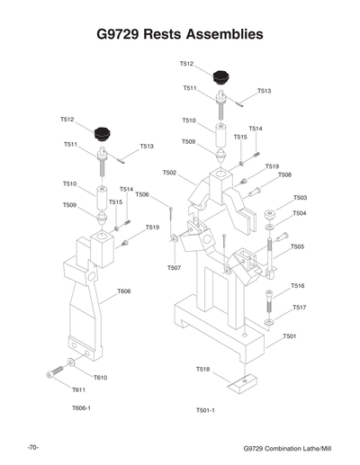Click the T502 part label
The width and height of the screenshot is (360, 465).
pos(169,173)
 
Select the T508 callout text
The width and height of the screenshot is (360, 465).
pos(284,174)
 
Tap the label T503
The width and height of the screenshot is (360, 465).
pos(300,198)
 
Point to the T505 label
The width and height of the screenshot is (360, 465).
pos(297,246)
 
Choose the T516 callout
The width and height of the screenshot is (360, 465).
pos(298,286)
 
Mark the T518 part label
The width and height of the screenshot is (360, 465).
pos(203,370)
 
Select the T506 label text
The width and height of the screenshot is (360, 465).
pos(142,195)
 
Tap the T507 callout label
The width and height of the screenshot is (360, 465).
pos(175,268)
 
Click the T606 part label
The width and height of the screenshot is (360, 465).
pos(124,291)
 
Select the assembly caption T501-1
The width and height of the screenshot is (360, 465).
pos(205,410)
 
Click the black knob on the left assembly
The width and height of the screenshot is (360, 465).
pos(108,133)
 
